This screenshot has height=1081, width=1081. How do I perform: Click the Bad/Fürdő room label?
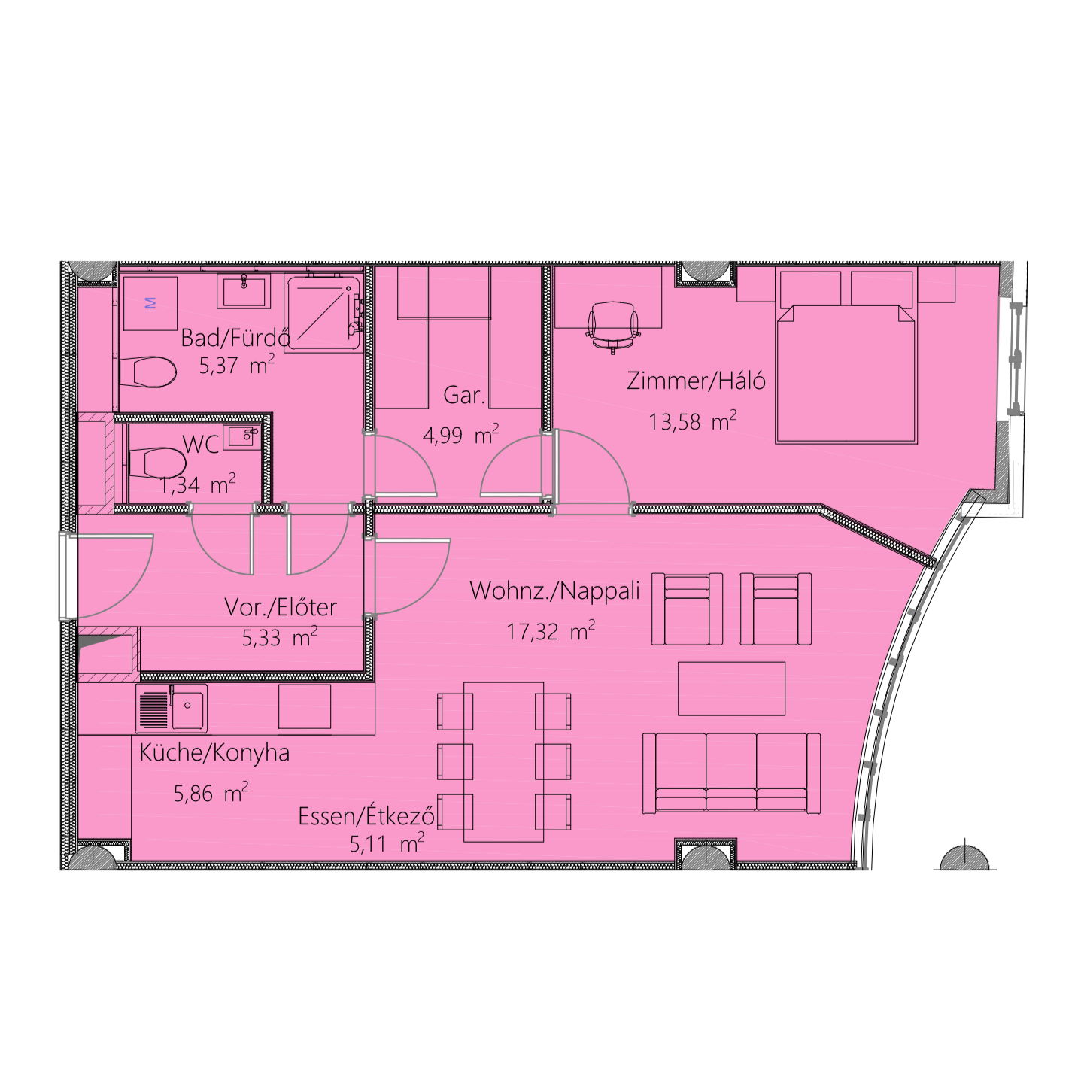point(235,338)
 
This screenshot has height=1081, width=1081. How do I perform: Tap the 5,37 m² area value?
point(237,365)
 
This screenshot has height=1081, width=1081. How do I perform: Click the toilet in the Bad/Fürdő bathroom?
point(148,372)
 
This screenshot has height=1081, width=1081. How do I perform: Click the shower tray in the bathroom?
point(323,313)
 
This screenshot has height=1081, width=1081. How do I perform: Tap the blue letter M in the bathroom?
point(150,303)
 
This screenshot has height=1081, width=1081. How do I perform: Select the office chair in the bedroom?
point(612,327)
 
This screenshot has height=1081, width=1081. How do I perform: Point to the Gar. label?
point(464,396)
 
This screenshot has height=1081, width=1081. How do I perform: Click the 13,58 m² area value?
point(692,421)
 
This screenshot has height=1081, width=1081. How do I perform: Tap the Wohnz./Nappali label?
point(555,591)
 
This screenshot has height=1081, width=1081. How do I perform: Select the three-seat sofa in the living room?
point(731,773)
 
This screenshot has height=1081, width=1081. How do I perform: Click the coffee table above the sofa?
point(731,689)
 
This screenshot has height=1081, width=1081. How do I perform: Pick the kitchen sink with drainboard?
point(172,709)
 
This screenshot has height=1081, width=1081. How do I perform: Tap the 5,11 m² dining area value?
point(387,843)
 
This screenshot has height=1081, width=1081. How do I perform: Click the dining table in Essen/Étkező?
point(504,762)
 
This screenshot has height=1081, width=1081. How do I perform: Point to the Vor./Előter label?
point(281,607)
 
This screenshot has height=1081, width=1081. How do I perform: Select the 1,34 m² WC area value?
point(197,484)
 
